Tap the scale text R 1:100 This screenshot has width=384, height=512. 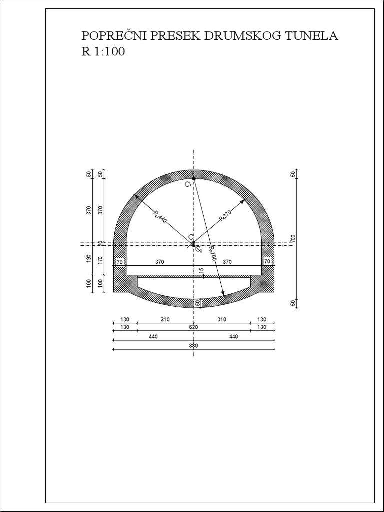[x=103, y=51]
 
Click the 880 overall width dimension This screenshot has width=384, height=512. [x=194, y=345]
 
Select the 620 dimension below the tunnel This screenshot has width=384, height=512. [x=194, y=327]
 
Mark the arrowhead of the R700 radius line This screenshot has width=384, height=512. [x=224, y=294]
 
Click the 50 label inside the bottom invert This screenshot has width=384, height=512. [x=197, y=303]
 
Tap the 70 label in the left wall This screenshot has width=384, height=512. [x=120, y=261]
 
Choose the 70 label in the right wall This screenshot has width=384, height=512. [x=267, y=261]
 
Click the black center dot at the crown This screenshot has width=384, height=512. [x=194, y=178]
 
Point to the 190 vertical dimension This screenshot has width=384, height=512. [x=89, y=259]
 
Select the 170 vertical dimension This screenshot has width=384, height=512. [x=100, y=260]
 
